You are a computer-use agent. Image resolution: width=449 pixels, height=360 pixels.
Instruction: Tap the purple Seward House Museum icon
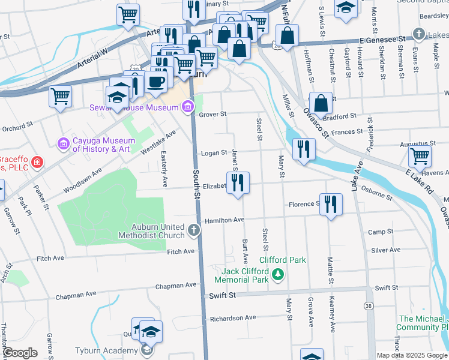click(188, 107)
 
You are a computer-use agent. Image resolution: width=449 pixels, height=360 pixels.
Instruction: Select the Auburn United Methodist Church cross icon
click(193, 229)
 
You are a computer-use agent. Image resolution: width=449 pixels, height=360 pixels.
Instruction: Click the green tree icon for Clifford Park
click(277, 275)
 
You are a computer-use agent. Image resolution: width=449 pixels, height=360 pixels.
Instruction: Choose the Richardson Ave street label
click(233, 317)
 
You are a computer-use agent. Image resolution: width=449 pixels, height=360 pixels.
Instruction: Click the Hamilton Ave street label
click(224, 220)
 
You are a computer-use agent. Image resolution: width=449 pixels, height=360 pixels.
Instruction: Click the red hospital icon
click(37, 162)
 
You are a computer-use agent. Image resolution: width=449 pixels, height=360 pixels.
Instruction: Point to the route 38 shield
click(368, 306)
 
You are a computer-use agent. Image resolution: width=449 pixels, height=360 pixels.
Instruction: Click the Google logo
click(20, 352)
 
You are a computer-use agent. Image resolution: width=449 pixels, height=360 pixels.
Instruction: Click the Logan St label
click(214, 153)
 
